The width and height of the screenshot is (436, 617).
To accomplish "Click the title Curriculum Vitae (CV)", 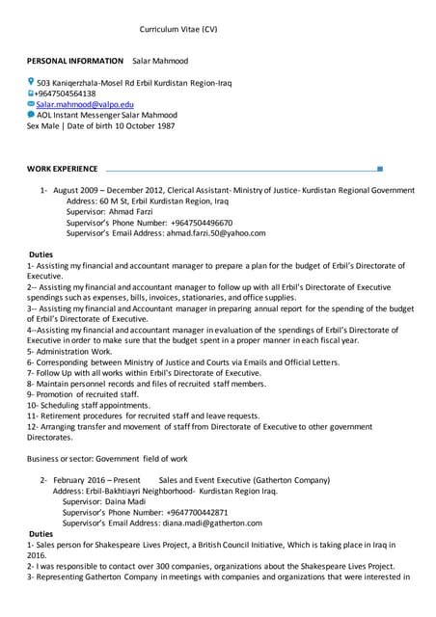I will coord(178,30).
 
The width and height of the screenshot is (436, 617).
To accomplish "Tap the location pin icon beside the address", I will coord(31,82).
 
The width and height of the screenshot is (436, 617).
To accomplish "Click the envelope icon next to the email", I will coord(31,103).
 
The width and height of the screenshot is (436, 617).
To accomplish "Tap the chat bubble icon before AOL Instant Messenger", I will coord(31,114).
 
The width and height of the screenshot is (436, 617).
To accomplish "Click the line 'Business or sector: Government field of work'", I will coord(107,458).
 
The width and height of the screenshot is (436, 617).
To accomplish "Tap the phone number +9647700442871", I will coord(190,512).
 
